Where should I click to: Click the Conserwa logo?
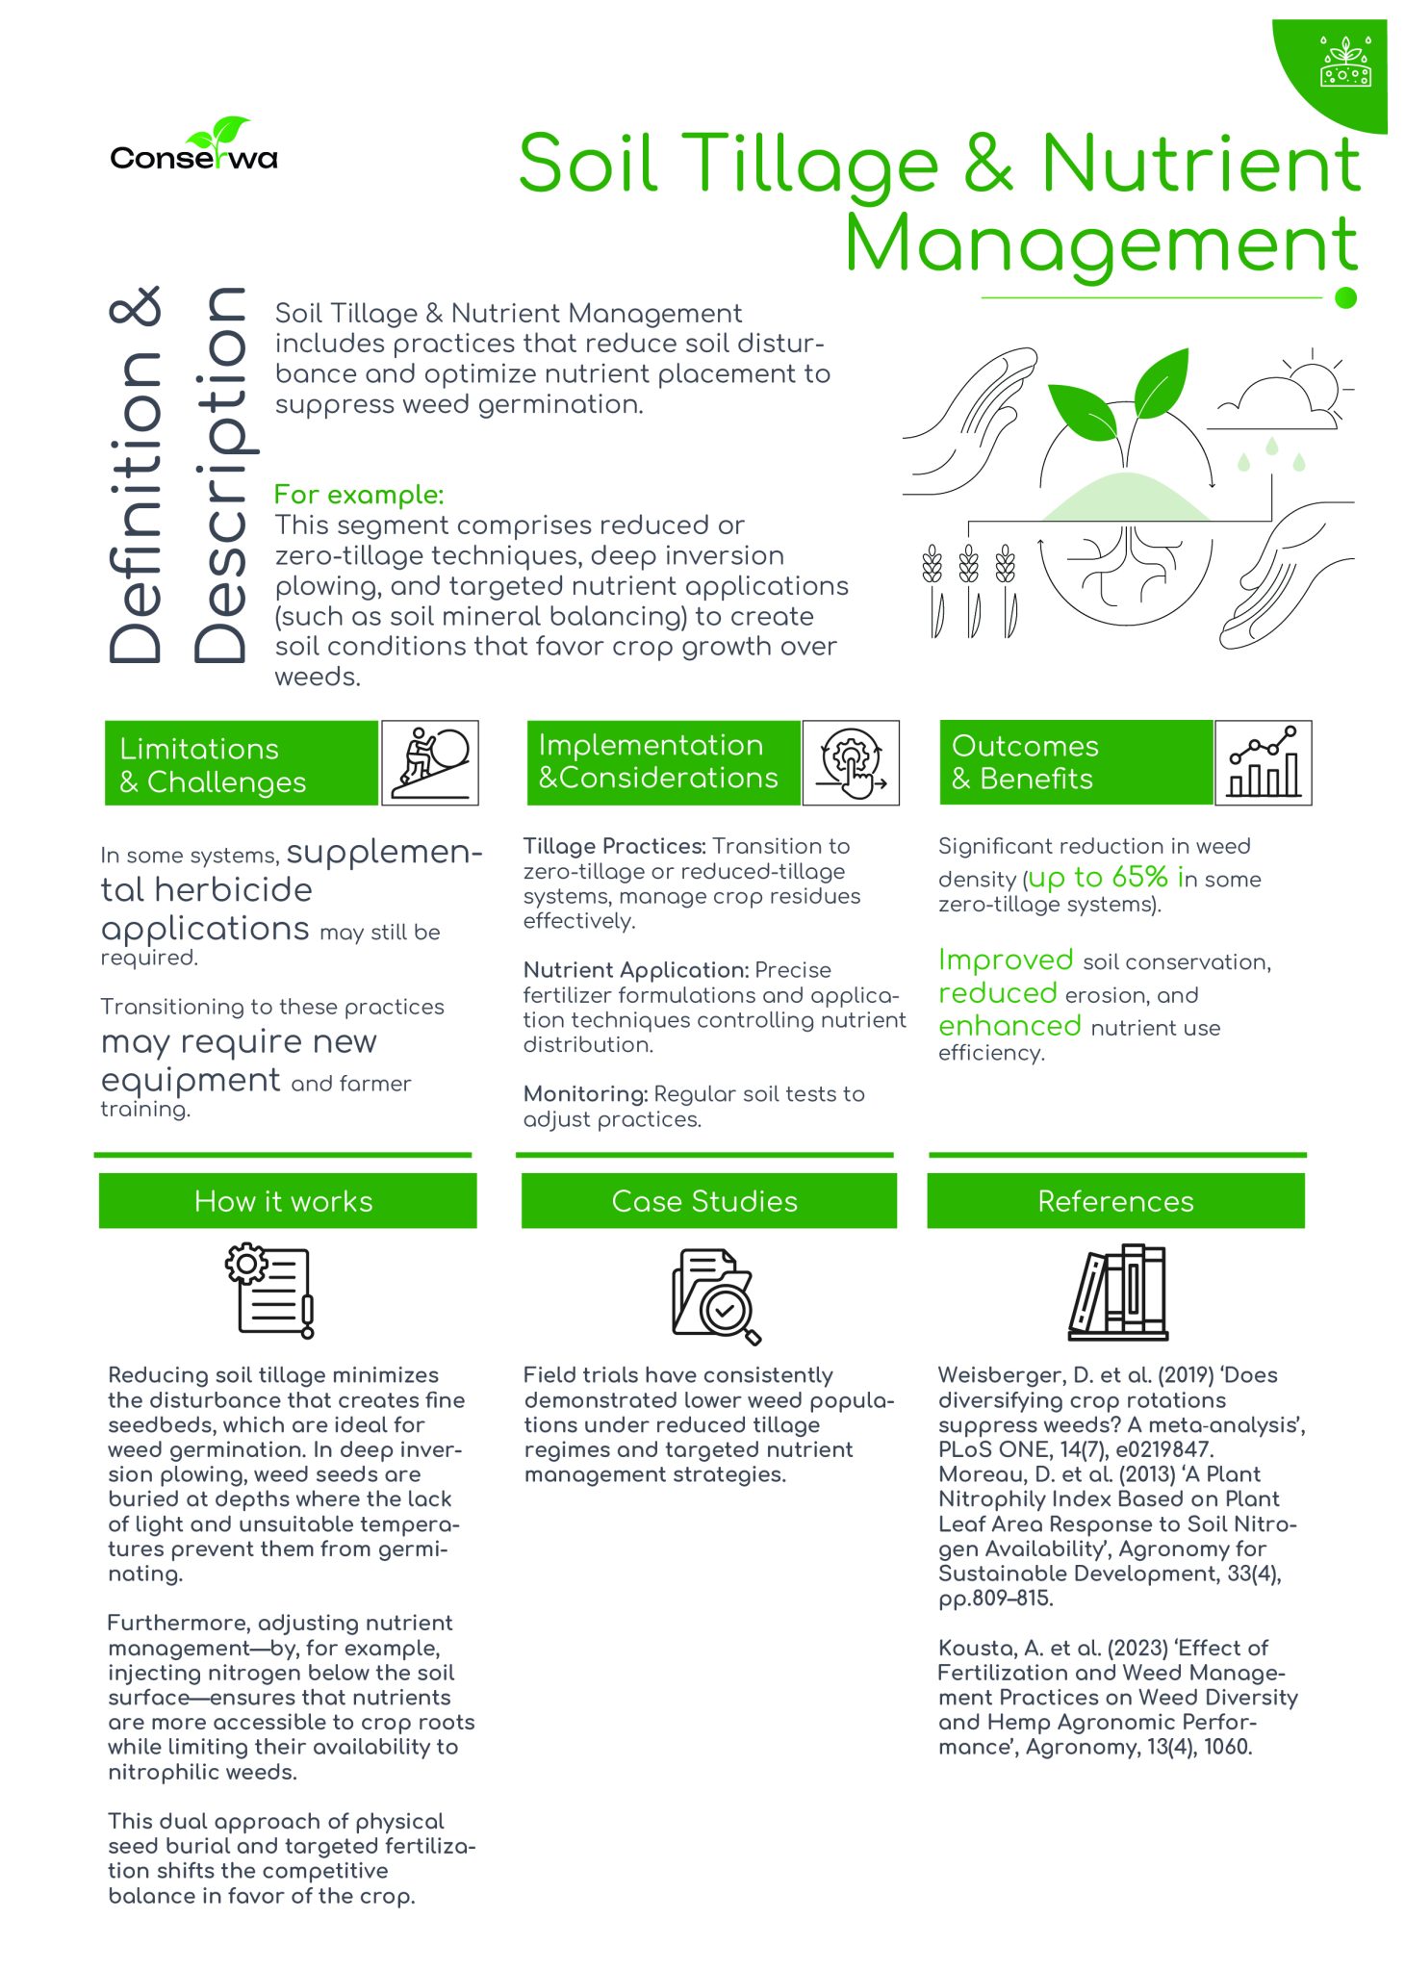194,149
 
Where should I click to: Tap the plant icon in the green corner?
1345,63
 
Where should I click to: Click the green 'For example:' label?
358,495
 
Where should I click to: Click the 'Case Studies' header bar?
708,1201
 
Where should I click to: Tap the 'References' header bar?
1115,1201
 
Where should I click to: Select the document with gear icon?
271,1291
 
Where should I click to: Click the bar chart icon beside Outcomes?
1264,762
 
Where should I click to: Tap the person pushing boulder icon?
431,762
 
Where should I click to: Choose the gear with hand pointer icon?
852,762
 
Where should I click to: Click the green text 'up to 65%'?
1098,878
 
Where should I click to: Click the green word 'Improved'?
1006,960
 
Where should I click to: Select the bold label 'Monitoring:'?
585,1094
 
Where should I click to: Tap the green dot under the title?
1346,298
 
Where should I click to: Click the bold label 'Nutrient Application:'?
635,970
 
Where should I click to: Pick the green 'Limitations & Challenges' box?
241,763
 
